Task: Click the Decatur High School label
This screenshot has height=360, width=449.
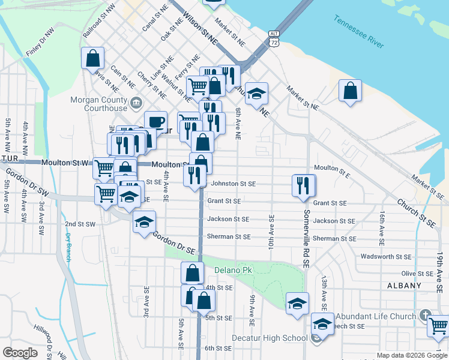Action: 277,338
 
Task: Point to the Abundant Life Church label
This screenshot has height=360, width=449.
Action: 375,316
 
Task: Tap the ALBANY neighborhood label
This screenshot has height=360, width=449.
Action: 405,286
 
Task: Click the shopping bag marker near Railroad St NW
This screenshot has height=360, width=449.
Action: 93,58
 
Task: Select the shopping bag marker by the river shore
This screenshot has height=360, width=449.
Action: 350,91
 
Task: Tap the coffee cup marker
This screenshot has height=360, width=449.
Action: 155,121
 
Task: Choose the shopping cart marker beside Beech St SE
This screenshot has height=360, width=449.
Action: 438,326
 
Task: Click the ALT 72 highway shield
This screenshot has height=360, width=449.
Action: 274,38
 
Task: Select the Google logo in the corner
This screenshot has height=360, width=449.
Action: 20,352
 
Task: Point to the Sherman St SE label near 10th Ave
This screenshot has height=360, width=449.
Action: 228,237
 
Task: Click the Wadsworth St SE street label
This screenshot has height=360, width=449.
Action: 386,257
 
